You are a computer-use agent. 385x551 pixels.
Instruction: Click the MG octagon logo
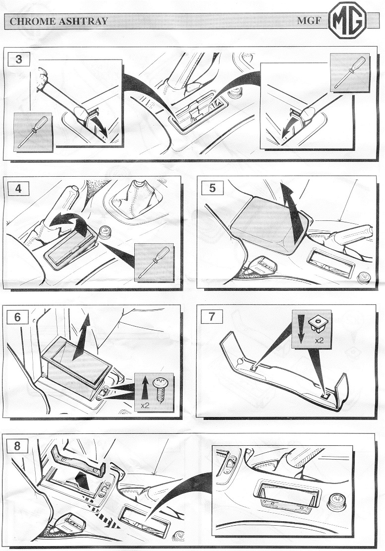pos(347,20)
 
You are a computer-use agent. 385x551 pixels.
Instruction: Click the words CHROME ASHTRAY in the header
pos(58,21)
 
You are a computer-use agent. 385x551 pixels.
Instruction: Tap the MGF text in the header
pos(309,20)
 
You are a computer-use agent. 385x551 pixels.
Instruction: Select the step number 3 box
pos(19,59)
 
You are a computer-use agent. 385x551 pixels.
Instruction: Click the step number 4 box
pos(18,189)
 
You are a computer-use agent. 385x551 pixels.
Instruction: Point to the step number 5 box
pos(212,188)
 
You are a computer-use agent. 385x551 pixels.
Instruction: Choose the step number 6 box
pos(17,317)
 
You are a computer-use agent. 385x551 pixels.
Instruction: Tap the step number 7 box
pos(212,316)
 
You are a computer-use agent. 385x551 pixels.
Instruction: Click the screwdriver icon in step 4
pos(154,262)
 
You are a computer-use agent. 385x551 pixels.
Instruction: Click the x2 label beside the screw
pos(145,405)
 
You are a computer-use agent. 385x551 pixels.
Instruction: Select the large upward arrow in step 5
pos(292,212)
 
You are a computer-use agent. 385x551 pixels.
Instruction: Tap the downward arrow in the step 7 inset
pos(300,329)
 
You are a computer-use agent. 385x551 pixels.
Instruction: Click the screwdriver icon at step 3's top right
pos(350,72)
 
